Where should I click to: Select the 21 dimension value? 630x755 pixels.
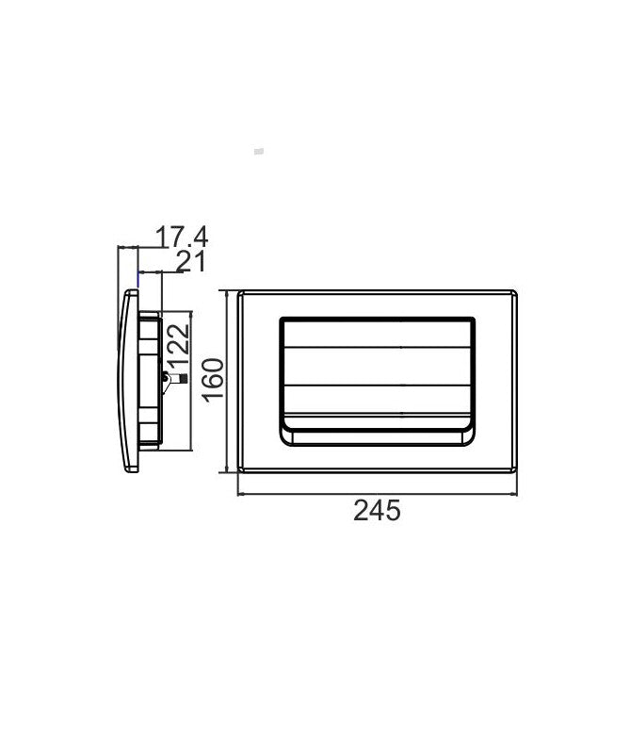click(x=190, y=262)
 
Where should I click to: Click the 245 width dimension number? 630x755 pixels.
click(x=377, y=511)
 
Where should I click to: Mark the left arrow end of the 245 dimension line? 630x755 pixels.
click(x=238, y=492)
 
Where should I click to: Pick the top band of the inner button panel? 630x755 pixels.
click(x=378, y=333)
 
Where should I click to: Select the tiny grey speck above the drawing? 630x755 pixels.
click(x=260, y=151)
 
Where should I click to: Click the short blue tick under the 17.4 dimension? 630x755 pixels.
click(x=139, y=277)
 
